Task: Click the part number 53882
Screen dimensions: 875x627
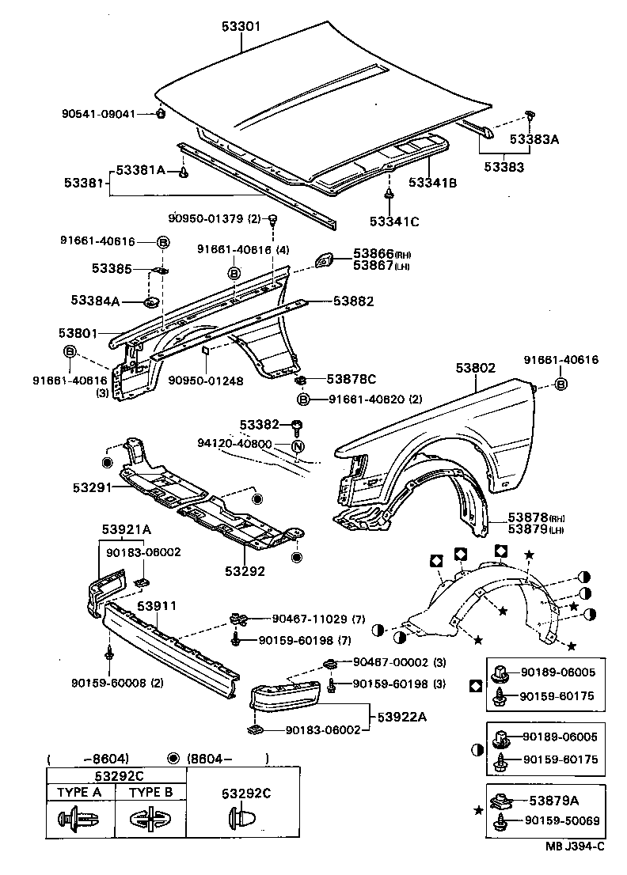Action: (353, 301)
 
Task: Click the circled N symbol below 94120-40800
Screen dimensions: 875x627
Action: (298, 446)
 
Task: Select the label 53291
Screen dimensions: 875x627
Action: (88, 487)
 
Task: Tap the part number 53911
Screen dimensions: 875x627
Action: (157, 606)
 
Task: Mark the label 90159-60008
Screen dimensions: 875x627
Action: (105, 683)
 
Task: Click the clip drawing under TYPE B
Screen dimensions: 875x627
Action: (150, 818)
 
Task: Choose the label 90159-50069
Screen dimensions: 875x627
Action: (562, 820)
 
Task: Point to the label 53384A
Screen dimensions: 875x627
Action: (95, 301)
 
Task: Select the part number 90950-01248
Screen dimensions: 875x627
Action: (205, 381)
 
